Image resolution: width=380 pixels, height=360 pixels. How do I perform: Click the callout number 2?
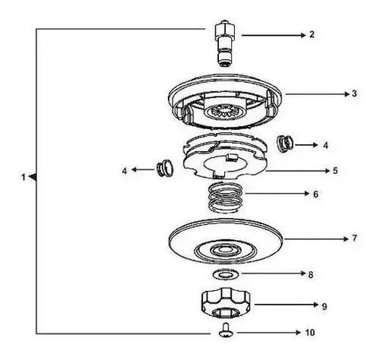pyautogui.click(x=312, y=34)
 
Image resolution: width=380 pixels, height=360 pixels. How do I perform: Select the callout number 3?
pyautogui.click(x=354, y=93)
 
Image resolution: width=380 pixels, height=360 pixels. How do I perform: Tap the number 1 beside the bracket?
pyautogui.click(x=24, y=178)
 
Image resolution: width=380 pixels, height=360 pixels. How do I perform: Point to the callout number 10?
pyautogui.click(x=309, y=333)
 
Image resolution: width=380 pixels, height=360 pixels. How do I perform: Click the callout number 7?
pyautogui.click(x=354, y=238)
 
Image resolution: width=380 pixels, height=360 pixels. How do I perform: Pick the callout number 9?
pyautogui.click(x=325, y=307)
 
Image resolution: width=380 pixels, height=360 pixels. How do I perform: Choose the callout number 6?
pyautogui.click(x=315, y=194)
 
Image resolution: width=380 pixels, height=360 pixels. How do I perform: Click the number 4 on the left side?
pyautogui.click(x=125, y=171)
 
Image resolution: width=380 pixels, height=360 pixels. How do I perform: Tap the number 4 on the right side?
pyautogui.click(x=326, y=145)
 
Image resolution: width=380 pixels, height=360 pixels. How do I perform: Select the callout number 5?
pyautogui.click(x=335, y=171)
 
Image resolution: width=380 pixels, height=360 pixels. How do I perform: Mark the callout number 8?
pyautogui.click(x=311, y=275)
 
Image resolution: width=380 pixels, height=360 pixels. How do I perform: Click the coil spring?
pyautogui.click(x=225, y=197)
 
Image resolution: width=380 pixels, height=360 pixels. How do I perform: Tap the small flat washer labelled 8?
pyautogui.click(x=226, y=274)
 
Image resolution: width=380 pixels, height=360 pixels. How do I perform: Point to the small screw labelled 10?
pyautogui.click(x=225, y=330)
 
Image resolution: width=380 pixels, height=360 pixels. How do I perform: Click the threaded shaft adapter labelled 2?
pyautogui.click(x=225, y=43)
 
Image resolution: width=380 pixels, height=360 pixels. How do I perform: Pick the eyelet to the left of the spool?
pyautogui.click(x=164, y=169)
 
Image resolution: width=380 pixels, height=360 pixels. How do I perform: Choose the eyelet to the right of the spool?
pyautogui.click(x=285, y=144)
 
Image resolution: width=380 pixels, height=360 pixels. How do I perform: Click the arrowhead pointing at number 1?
pyautogui.click(x=33, y=177)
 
